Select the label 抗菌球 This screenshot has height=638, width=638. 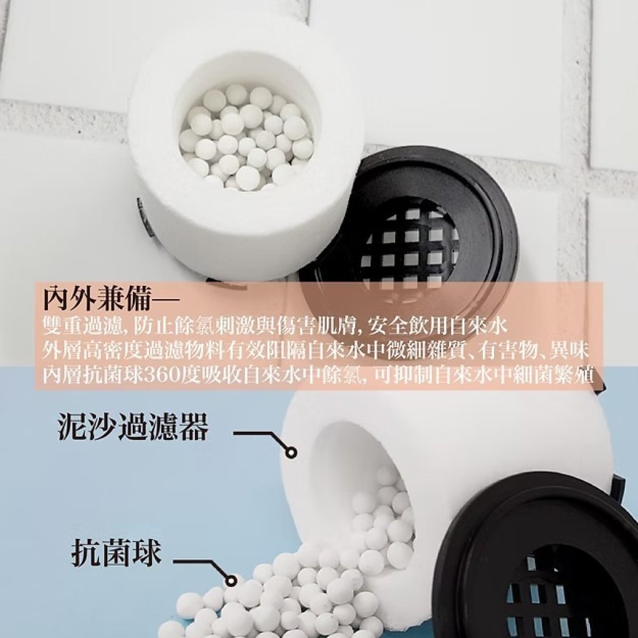point(117,553)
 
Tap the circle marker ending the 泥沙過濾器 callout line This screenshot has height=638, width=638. point(291,452)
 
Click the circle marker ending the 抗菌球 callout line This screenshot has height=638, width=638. point(232,580)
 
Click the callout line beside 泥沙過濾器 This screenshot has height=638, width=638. point(260,434)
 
